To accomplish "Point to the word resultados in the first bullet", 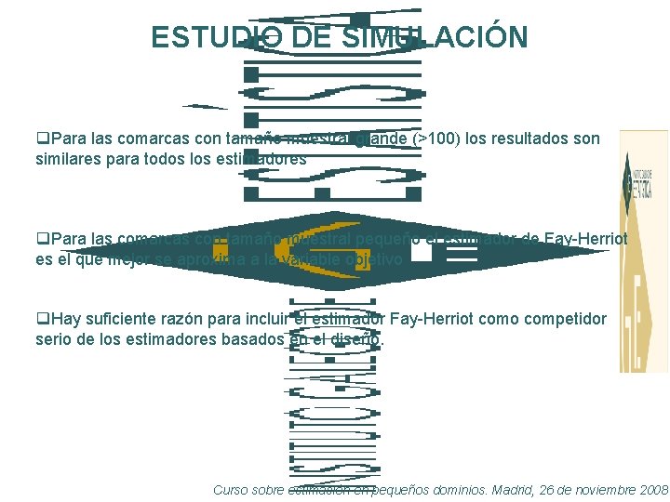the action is click(x=529, y=139).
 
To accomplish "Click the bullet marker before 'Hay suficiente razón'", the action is click(x=43, y=319).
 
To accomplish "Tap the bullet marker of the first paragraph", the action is click(x=43, y=139).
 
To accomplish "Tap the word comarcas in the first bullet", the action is click(x=159, y=139).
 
